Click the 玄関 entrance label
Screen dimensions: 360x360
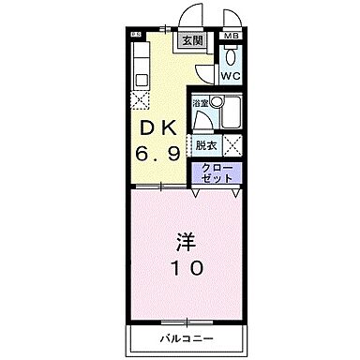point(191,42)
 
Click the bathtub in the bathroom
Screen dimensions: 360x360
point(231,113)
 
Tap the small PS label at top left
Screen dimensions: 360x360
point(135,35)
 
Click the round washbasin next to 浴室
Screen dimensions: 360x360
point(217,102)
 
